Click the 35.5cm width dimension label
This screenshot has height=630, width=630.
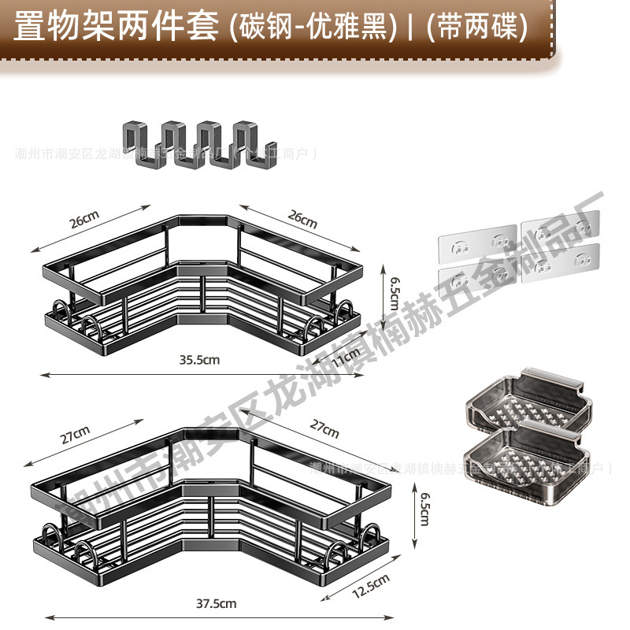click(x=198, y=360)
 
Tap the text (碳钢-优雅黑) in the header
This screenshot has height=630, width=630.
click(x=311, y=27)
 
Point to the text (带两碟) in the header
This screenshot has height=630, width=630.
click(x=475, y=27)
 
